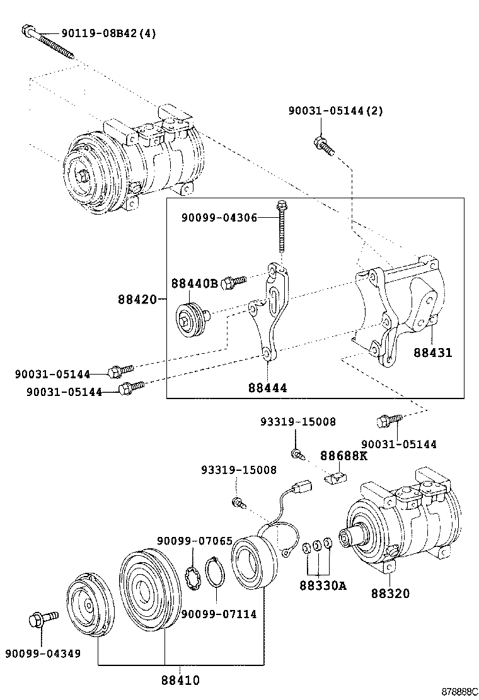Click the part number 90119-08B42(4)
point(108,33)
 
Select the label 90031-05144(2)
point(335,111)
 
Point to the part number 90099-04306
point(219,217)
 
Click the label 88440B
point(194,283)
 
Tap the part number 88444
point(267,388)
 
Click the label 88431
point(432,353)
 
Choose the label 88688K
point(343,455)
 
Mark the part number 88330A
point(323,586)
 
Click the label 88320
point(390,593)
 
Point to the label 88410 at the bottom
point(180,680)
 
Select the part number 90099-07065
point(195,541)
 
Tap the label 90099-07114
point(218,614)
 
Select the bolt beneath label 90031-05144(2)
point(322,145)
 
